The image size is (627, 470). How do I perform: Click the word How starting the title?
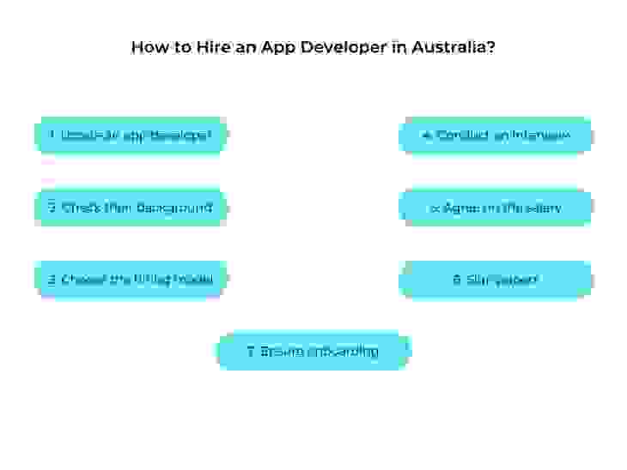pyautogui.click(x=145, y=46)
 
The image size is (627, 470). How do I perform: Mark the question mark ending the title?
pyautogui.click(x=490, y=46)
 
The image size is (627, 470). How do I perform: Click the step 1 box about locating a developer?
pyautogui.click(x=130, y=136)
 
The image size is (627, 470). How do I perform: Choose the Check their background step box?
pyautogui.click(x=130, y=208)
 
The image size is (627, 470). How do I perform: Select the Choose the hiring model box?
pyautogui.click(x=130, y=280)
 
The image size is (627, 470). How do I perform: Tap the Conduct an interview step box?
pyautogui.click(x=496, y=136)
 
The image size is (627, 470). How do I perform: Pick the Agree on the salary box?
pyautogui.click(x=496, y=208)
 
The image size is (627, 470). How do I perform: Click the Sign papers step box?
pyautogui.click(x=496, y=280)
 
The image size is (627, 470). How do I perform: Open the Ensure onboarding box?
pyautogui.click(x=313, y=352)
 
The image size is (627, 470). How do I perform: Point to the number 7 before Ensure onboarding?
pyautogui.click(x=250, y=352)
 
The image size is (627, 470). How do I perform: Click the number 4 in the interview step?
pyautogui.click(x=426, y=136)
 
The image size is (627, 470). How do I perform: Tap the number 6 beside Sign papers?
pyautogui.click(x=457, y=280)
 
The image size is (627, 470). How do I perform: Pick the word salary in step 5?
pyautogui.click(x=545, y=208)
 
